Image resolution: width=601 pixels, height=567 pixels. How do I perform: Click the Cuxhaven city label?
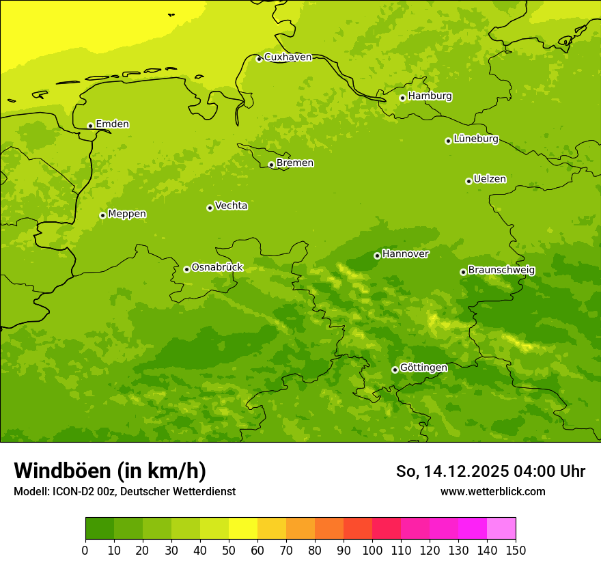(x=288, y=57)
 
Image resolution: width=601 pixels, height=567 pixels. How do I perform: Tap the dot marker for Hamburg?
(x=403, y=98)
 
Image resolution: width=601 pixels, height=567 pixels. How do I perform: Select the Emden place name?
(x=112, y=124)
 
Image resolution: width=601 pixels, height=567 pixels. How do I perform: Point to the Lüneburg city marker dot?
(x=449, y=141)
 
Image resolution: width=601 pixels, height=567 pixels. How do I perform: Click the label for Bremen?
(x=295, y=163)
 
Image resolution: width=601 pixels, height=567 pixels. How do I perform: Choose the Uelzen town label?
(x=490, y=180)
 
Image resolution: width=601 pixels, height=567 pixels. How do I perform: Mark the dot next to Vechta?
(x=210, y=208)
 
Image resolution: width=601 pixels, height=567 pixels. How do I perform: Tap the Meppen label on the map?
(x=127, y=215)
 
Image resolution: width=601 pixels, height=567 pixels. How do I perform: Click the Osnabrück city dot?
(x=186, y=269)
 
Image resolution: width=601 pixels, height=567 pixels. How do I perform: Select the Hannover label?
(x=406, y=254)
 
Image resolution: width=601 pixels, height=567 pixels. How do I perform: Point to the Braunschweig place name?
(x=502, y=271)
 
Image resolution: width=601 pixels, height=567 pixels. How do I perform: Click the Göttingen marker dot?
(x=395, y=370)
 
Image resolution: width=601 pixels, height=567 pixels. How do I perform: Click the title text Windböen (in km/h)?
(x=110, y=471)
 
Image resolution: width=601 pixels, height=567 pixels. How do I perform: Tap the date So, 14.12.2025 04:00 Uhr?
(x=490, y=471)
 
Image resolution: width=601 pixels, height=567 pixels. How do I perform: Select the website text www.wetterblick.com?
(x=492, y=492)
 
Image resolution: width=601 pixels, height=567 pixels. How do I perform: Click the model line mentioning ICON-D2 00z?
(x=124, y=492)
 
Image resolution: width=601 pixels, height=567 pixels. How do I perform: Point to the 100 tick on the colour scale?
(x=372, y=550)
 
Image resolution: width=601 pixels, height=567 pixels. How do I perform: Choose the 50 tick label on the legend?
(x=229, y=550)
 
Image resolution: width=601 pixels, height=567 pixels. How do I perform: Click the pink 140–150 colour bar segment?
(x=501, y=529)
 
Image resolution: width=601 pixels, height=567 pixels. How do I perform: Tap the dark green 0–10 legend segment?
(x=100, y=529)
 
